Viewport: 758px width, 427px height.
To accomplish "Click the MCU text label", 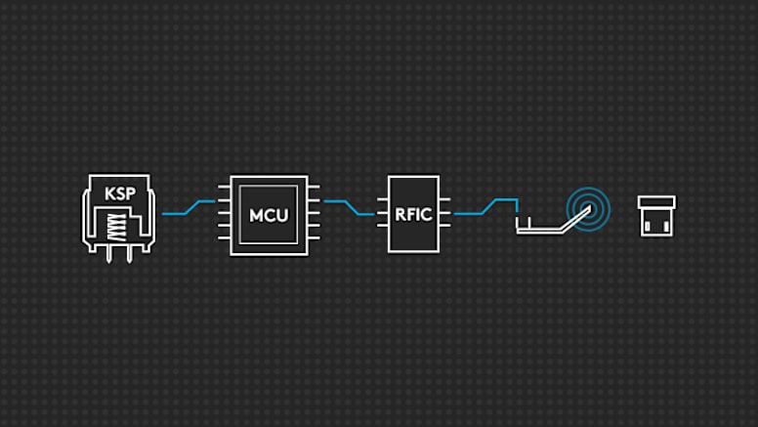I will [x=269, y=215].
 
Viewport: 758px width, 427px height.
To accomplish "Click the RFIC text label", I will [x=413, y=215].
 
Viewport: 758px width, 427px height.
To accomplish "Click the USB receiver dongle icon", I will [x=656, y=215].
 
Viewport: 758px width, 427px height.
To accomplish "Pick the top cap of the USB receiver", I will [x=656, y=201].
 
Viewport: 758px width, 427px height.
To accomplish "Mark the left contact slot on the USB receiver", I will [x=649, y=226].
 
